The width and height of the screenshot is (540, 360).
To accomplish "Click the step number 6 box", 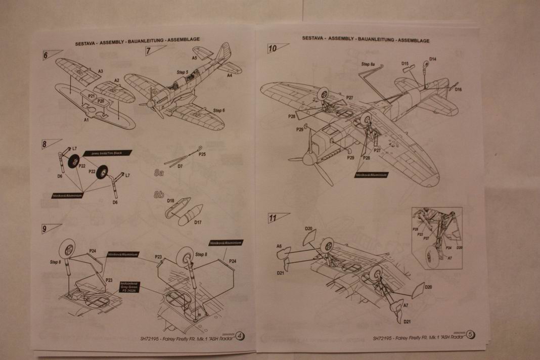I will [47, 55].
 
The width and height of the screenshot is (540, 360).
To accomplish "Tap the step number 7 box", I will [150, 51].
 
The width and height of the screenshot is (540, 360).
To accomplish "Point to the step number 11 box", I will [273, 218].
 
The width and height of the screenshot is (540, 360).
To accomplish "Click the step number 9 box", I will [46, 229].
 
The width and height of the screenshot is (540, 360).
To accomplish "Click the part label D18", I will [170, 201].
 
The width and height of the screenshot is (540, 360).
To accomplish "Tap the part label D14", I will [433, 59].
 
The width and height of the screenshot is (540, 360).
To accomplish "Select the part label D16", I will [458, 89].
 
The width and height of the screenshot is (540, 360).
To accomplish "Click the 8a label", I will [159, 173].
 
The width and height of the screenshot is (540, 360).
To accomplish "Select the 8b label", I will [159, 194].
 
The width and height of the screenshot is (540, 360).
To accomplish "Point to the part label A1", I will [86, 120].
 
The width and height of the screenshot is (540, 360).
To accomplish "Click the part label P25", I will [202, 154].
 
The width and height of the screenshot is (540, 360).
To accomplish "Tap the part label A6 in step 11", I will [279, 246].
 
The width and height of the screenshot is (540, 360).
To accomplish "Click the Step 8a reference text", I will [369, 65].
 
